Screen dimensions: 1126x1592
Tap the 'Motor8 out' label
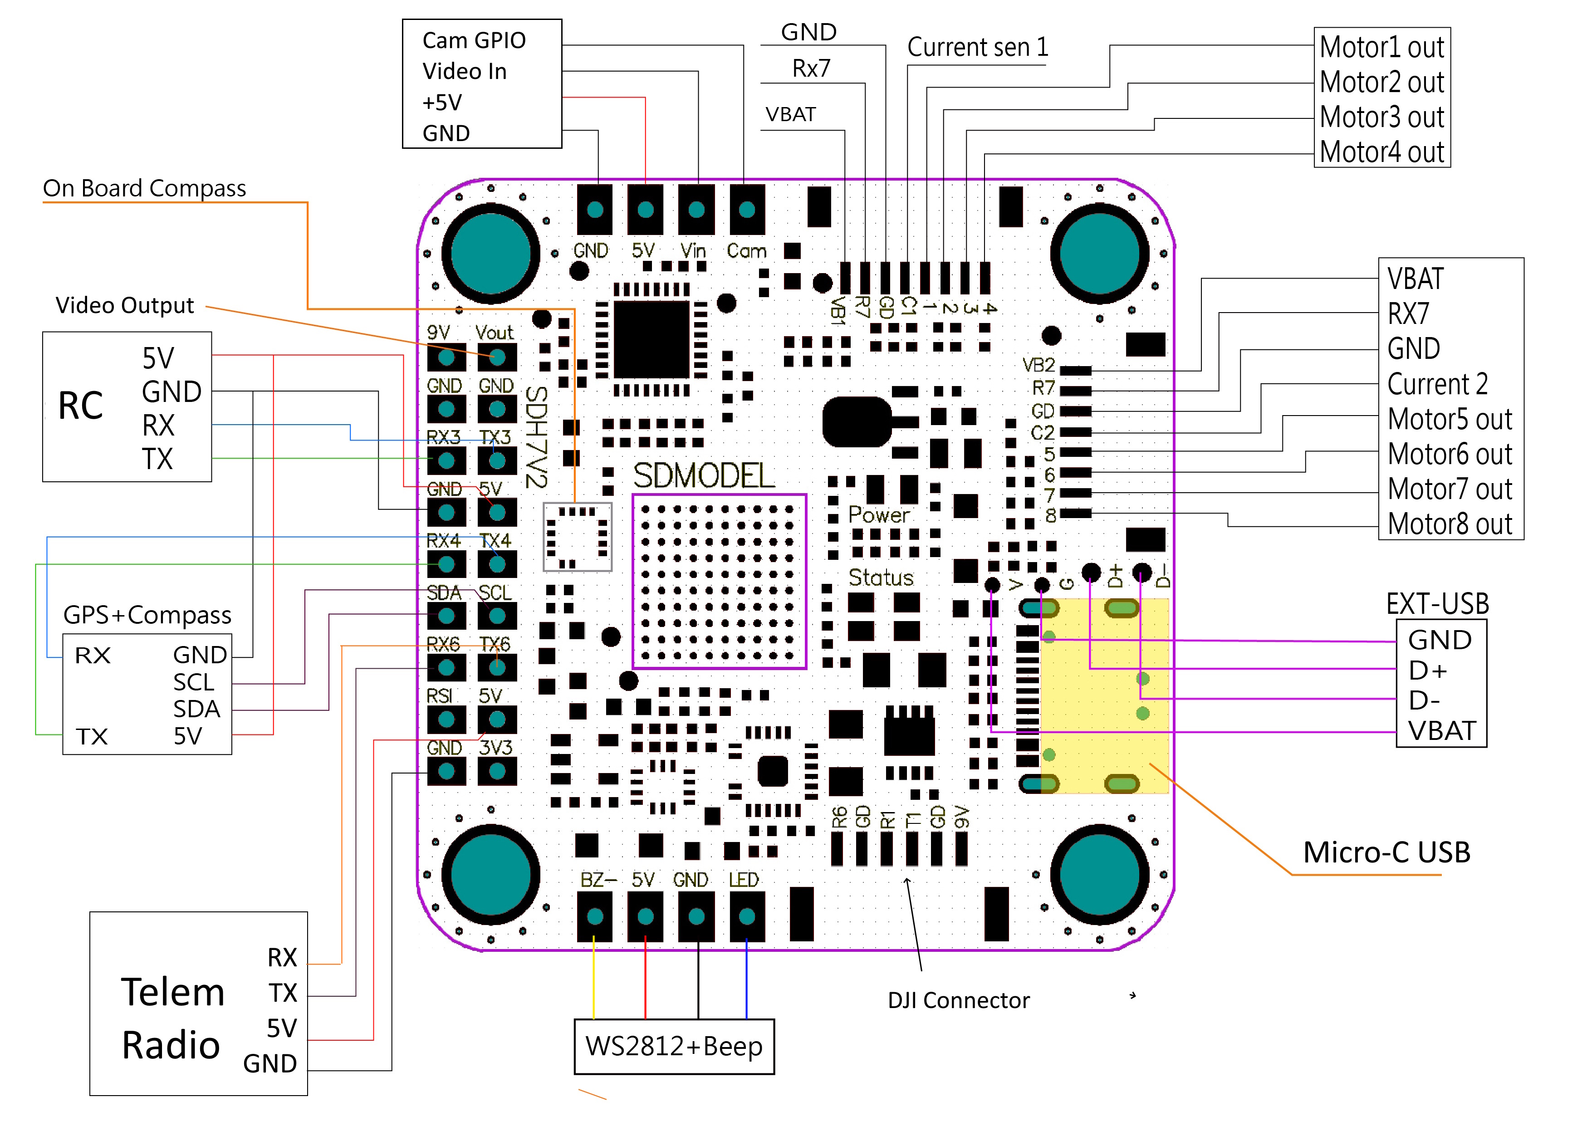point(1450,524)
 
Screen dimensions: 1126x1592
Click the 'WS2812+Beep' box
point(674,1046)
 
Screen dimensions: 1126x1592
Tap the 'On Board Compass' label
point(144,189)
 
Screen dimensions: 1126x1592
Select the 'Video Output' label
point(125,306)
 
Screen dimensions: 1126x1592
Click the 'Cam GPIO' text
point(474,41)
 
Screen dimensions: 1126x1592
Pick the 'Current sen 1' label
point(978,48)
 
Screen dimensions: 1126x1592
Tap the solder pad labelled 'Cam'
point(747,210)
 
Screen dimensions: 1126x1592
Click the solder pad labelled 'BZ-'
point(595,916)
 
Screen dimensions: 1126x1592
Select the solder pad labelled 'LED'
point(747,916)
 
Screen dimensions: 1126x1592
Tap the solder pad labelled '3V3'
point(497,771)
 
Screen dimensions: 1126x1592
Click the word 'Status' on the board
point(881,578)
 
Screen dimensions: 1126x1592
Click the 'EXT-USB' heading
point(1437,604)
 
